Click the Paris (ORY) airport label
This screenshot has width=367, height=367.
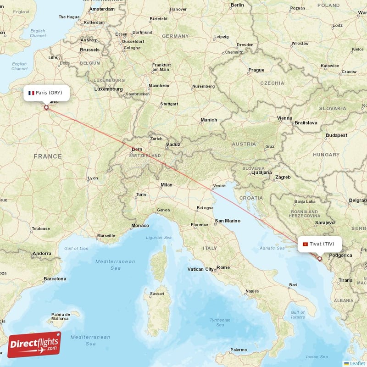click(47, 93)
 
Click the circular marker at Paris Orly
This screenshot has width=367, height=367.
click(46, 108)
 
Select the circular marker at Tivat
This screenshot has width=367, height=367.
click(320, 259)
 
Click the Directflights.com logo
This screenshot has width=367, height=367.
click(34, 344)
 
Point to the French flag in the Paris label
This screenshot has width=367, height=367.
click(31, 93)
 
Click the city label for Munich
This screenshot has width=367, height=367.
click(209, 120)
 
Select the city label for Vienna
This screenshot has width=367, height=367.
click(284, 118)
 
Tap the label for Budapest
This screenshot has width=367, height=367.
click(336, 135)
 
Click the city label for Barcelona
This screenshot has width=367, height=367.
click(55, 278)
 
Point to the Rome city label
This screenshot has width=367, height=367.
click(223, 267)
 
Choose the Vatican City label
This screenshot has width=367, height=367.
click(200, 269)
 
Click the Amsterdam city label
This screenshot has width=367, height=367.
click(102, 9)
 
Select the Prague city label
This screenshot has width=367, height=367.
click(256, 70)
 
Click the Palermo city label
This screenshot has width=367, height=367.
click(238, 350)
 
